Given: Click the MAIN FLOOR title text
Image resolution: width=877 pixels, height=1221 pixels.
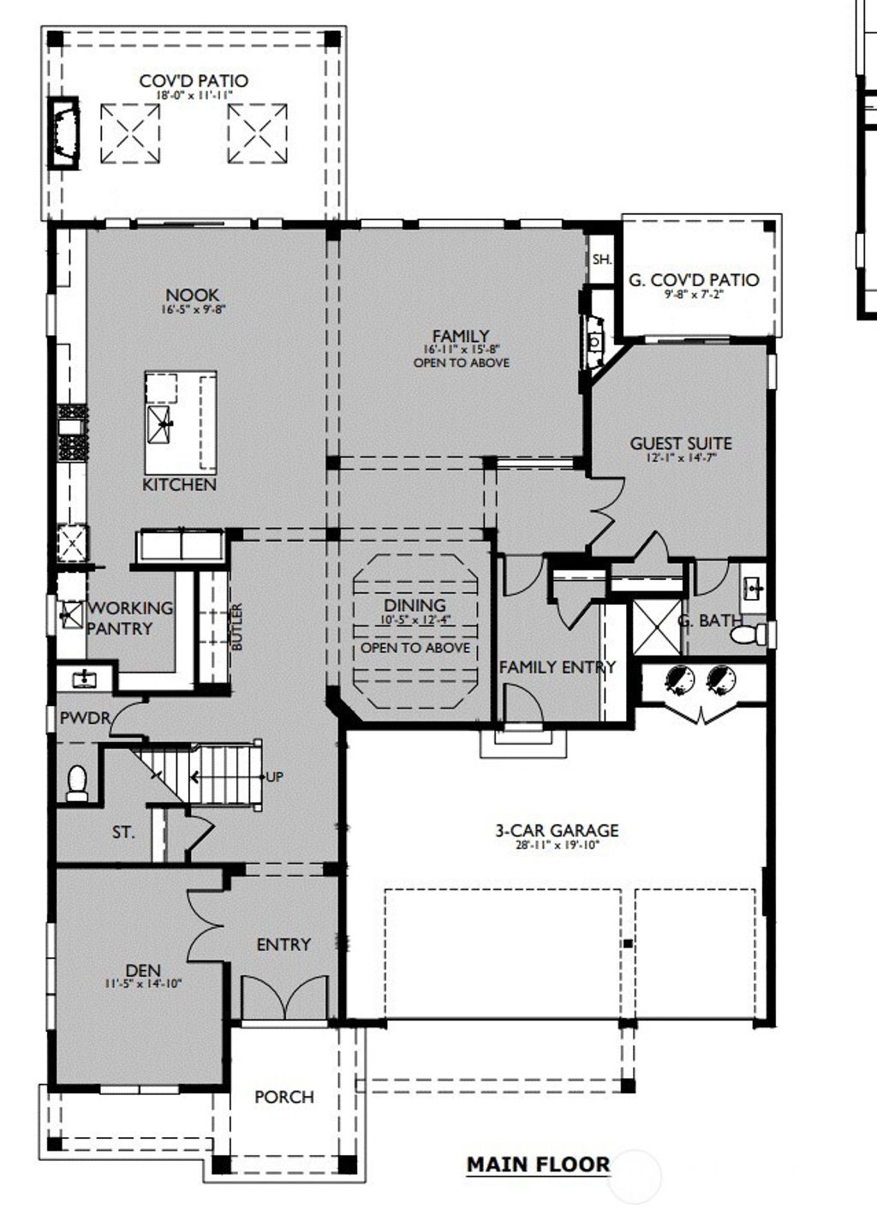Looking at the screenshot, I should click(x=538, y=1164).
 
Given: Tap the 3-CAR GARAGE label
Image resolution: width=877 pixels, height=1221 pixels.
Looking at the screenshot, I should click(x=557, y=829).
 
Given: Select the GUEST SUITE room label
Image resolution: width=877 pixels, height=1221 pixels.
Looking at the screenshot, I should click(x=681, y=443).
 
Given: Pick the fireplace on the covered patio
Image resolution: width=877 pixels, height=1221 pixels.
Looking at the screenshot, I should click(x=65, y=133).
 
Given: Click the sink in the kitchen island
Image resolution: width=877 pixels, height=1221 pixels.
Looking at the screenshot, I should click(x=160, y=422).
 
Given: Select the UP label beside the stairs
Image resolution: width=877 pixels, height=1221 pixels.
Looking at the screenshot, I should click(x=274, y=777).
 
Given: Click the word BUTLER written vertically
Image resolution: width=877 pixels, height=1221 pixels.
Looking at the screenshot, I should click(x=237, y=626).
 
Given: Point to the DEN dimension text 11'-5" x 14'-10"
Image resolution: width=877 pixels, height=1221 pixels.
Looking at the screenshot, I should click(x=143, y=985).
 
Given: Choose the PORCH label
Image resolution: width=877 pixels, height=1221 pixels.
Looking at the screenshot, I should click(x=284, y=1097).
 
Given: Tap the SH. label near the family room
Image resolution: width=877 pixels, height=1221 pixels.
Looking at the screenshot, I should click(x=601, y=259).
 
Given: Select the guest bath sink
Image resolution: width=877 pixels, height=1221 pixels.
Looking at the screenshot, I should click(x=753, y=589).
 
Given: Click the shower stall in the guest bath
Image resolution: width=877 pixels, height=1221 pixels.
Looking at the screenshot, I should click(x=656, y=627).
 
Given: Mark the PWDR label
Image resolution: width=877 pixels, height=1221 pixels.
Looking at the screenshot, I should click(x=85, y=718).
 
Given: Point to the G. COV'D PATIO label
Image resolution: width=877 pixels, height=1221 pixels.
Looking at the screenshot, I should click(x=694, y=279).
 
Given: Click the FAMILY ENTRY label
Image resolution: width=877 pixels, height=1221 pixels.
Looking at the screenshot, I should click(x=557, y=667).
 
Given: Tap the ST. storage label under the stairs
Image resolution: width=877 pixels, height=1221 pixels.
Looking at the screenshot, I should click(x=123, y=831).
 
